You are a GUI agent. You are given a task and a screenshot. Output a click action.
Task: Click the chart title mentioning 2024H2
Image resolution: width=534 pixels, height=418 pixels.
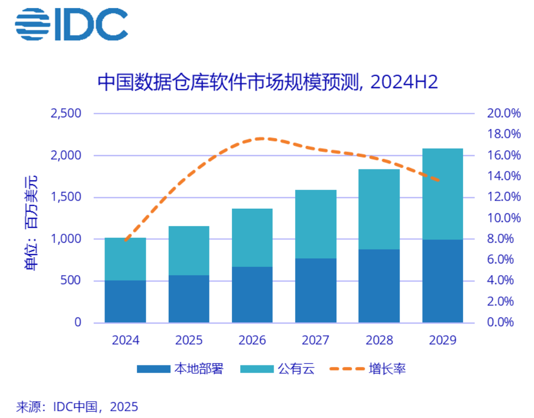[267, 82]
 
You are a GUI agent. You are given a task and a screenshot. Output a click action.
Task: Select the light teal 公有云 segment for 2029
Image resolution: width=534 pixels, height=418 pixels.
[442, 194]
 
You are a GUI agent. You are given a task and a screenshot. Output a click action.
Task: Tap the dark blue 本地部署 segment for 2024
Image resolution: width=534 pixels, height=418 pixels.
[125, 301]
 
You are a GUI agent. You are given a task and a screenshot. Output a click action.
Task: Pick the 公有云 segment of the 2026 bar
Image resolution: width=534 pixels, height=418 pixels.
[252, 237]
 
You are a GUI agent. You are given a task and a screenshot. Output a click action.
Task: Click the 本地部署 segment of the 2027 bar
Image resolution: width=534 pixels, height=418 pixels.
[315, 290]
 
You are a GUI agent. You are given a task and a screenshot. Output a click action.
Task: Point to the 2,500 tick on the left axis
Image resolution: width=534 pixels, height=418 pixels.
[66, 113]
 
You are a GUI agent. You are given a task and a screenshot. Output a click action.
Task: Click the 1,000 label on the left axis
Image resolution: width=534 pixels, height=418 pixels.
[66, 239]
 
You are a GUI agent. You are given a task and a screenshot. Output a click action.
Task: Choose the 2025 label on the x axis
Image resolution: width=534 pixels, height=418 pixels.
[189, 340]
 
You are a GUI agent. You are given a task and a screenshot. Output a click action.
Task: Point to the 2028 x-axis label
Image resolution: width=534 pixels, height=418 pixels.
[379, 340]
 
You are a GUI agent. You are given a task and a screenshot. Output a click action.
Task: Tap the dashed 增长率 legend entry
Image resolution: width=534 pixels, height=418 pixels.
[367, 368]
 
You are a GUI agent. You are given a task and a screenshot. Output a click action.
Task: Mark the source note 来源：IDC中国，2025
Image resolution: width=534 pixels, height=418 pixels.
[77, 407]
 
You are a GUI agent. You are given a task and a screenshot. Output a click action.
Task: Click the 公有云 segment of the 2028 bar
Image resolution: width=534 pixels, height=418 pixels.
[379, 209]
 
